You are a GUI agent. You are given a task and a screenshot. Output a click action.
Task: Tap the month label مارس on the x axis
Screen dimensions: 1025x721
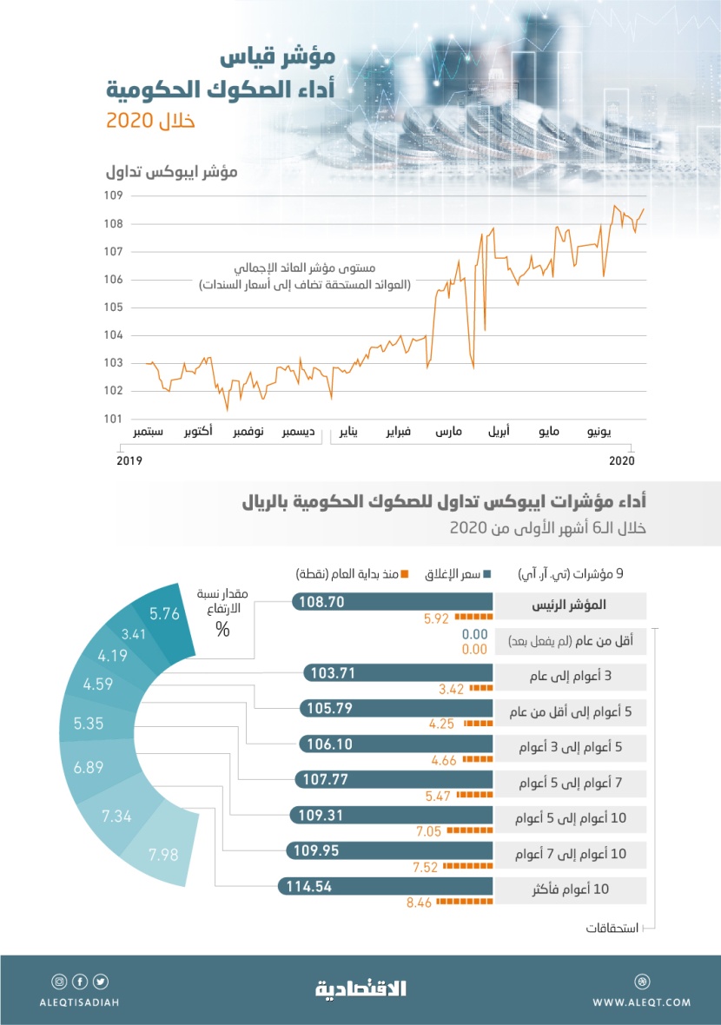pyautogui.click(x=449, y=432)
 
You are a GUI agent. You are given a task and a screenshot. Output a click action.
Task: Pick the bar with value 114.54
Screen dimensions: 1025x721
pyautogui.click(x=385, y=887)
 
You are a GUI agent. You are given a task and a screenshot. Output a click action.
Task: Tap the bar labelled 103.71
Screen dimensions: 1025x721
pyautogui.click(x=397, y=672)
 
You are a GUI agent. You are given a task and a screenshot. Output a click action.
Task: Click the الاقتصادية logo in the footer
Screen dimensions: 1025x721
pyautogui.click(x=360, y=988)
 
